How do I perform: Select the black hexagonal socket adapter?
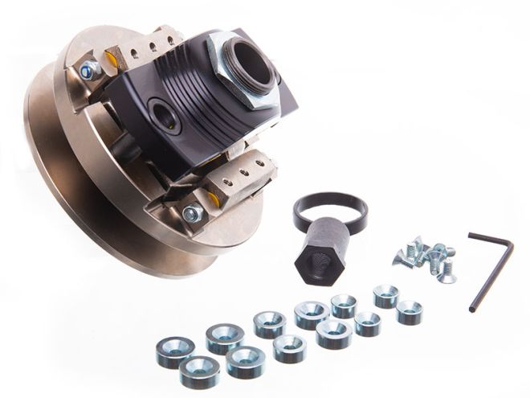coord(321,256)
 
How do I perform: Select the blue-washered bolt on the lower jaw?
coord(193,214)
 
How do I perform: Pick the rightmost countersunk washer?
coord(410,312)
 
